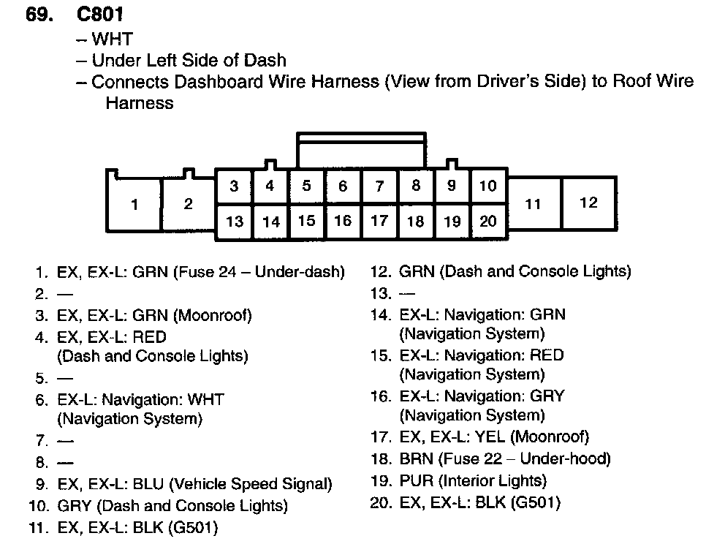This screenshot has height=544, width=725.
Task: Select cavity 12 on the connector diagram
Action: [x=588, y=203]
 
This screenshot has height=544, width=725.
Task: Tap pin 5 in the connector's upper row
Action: [x=306, y=186]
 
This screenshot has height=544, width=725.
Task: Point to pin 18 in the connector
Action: [x=415, y=221]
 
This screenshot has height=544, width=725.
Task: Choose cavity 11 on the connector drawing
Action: [x=533, y=204]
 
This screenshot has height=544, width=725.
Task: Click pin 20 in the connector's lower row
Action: [x=487, y=221]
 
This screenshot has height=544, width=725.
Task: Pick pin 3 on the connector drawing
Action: [x=234, y=186]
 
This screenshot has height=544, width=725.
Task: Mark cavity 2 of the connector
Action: [x=188, y=204]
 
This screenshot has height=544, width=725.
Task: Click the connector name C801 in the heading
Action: [x=99, y=14]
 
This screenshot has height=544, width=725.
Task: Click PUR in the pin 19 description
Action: [x=414, y=481]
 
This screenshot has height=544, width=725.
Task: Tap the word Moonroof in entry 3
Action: [x=216, y=315]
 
